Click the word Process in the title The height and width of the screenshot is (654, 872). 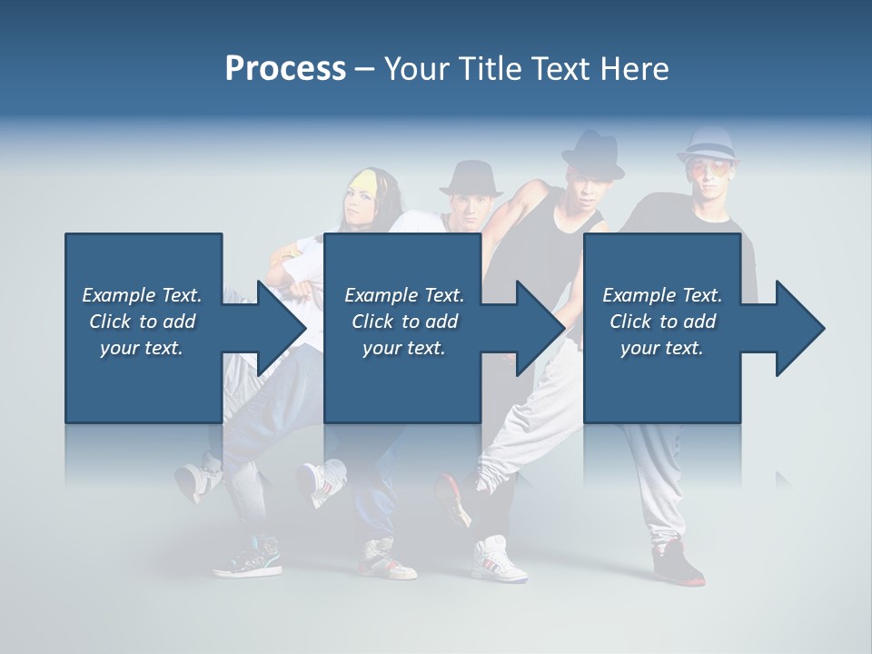click(x=285, y=68)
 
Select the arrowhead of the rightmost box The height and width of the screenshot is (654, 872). click(x=800, y=328)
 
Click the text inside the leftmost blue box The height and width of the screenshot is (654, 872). click(x=143, y=322)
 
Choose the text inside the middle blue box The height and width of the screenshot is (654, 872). click(x=404, y=322)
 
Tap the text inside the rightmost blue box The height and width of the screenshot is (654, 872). click(x=662, y=322)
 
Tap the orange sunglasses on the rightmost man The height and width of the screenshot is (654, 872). click(x=708, y=169)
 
